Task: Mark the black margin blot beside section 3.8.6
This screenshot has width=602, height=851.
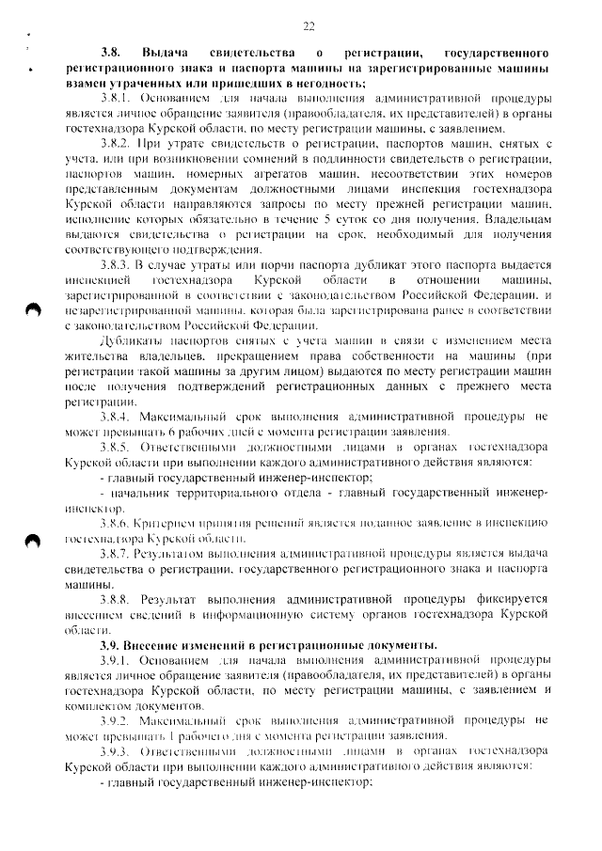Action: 34,540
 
